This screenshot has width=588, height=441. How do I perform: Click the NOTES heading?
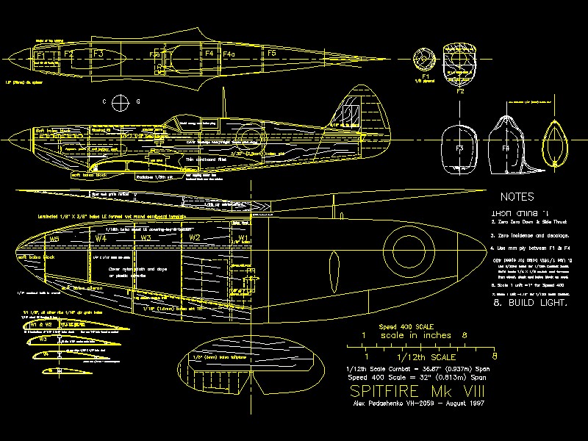[x=517, y=197]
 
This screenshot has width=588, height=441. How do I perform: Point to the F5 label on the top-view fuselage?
[x=271, y=54]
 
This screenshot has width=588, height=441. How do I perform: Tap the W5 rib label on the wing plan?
[x=54, y=240]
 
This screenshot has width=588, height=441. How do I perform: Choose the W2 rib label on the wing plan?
[x=195, y=238]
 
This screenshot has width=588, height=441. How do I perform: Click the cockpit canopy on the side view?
[x=180, y=121]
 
